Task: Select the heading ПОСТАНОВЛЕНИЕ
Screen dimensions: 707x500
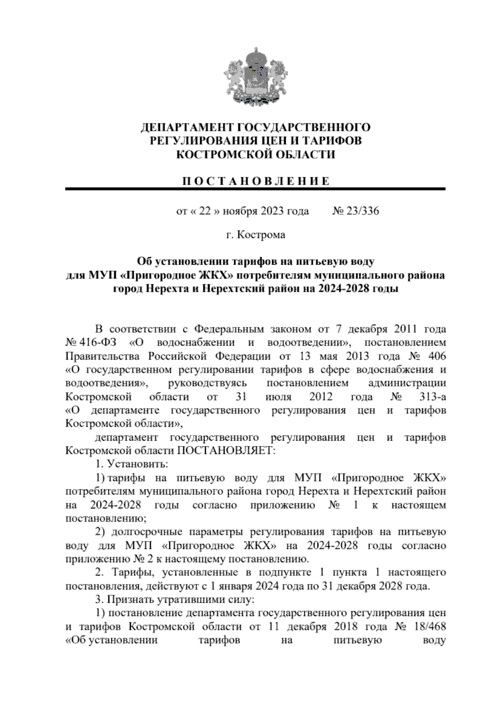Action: click(x=255, y=181)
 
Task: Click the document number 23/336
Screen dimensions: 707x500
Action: click(x=361, y=211)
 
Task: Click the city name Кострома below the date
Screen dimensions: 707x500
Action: click(x=261, y=235)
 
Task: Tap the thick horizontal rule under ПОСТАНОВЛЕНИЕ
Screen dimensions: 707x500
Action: click(x=255, y=189)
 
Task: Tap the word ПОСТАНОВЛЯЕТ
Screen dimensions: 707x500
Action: click(x=227, y=451)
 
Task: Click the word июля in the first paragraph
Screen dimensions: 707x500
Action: click(x=278, y=396)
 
